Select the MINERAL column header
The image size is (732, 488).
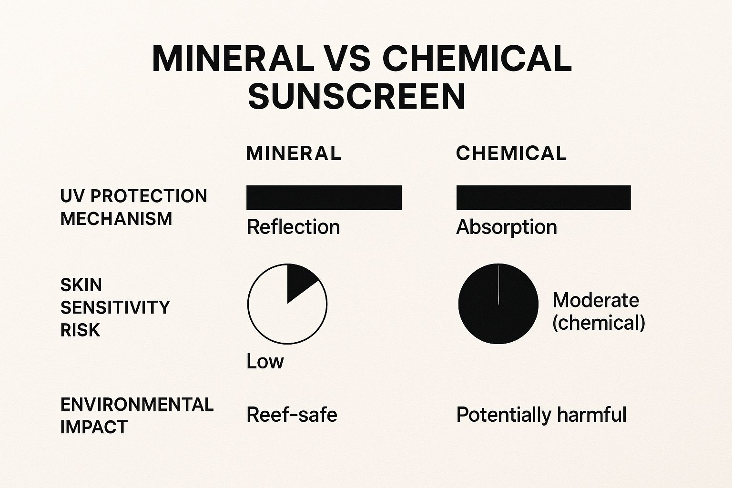pos(294,153)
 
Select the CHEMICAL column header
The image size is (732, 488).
pos(511,153)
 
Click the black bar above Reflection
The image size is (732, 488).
pos(324,198)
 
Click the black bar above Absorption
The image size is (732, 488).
pos(543,198)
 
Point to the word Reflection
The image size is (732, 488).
pos(293,227)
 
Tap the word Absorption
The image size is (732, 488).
pos(506,227)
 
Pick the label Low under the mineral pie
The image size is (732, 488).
pos(265,362)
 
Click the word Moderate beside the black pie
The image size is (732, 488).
pos(596,300)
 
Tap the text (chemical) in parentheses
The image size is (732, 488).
pos(599,323)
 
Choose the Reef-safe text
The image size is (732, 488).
pos(292,415)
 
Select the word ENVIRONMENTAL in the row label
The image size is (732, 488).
pos(137,405)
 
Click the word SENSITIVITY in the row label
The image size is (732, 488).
pos(115,307)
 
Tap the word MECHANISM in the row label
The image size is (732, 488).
pos(116,219)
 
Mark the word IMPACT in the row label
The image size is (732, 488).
pos(94,427)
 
